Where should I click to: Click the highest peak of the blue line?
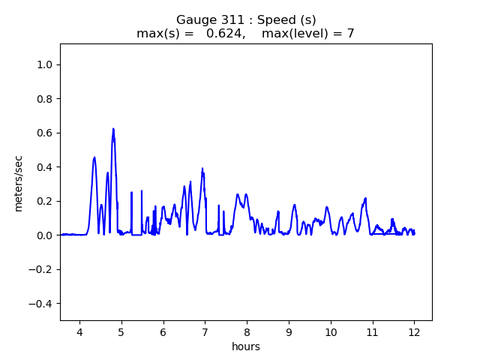pyautogui.click(x=113, y=129)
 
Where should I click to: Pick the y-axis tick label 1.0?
pyautogui.click(x=44, y=65)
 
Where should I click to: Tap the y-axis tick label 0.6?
pyautogui.click(x=44, y=133)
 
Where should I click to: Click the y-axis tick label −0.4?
pyautogui.click(x=41, y=304)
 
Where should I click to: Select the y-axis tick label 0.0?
pyautogui.click(x=44, y=235)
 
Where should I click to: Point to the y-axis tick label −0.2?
pyautogui.click(x=41, y=270)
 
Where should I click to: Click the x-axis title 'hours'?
pyautogui.click(x=246, y=347)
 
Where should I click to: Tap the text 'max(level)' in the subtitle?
pyautogui.click(x=296, y=34)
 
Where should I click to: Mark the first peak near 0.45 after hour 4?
pyautogui.click(x=94, y=157)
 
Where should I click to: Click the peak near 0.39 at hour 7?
pyautogui.click(x=202, y=169)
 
